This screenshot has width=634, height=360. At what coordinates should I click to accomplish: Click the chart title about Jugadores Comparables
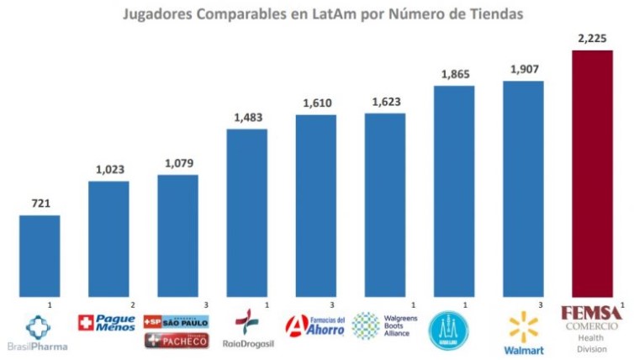pos(317,13)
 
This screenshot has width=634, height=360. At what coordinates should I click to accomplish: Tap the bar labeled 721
pos(40,256)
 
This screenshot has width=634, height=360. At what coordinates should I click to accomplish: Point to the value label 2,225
pos(592,38)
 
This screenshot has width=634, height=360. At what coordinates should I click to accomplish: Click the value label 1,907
pos(523,69)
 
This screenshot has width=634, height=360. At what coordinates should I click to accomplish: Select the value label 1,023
pos(108,169)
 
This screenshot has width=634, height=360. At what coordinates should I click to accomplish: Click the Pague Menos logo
pos(107,322)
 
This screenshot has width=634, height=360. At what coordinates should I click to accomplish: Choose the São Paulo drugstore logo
pos(177,322)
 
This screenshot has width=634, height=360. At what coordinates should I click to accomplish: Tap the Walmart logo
pos(523,331)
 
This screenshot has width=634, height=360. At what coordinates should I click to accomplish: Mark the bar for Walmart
pos(523,189)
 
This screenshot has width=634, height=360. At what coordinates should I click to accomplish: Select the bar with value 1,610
pos(315,205)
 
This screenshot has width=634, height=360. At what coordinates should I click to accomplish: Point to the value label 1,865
pos(454,74)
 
